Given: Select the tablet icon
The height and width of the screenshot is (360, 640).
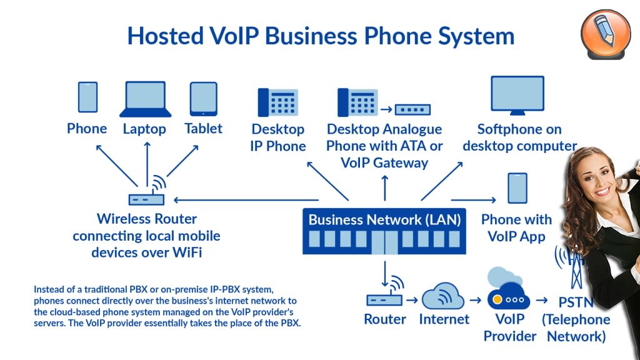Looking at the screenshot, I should click(204, 99).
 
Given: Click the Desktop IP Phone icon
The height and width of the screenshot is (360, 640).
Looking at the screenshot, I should click(277, 102).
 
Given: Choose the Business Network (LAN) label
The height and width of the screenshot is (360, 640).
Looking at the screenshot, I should click(384, 220).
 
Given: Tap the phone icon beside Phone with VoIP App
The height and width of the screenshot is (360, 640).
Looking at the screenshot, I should click(517, 188).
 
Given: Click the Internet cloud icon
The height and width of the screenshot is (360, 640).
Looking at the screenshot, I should click(443, 296).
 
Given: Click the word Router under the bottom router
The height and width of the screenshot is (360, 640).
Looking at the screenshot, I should click(385, 319).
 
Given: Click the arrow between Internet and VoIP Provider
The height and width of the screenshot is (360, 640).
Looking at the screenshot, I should click(476, 300).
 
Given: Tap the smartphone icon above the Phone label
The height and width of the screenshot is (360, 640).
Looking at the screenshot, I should click(87, 97).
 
